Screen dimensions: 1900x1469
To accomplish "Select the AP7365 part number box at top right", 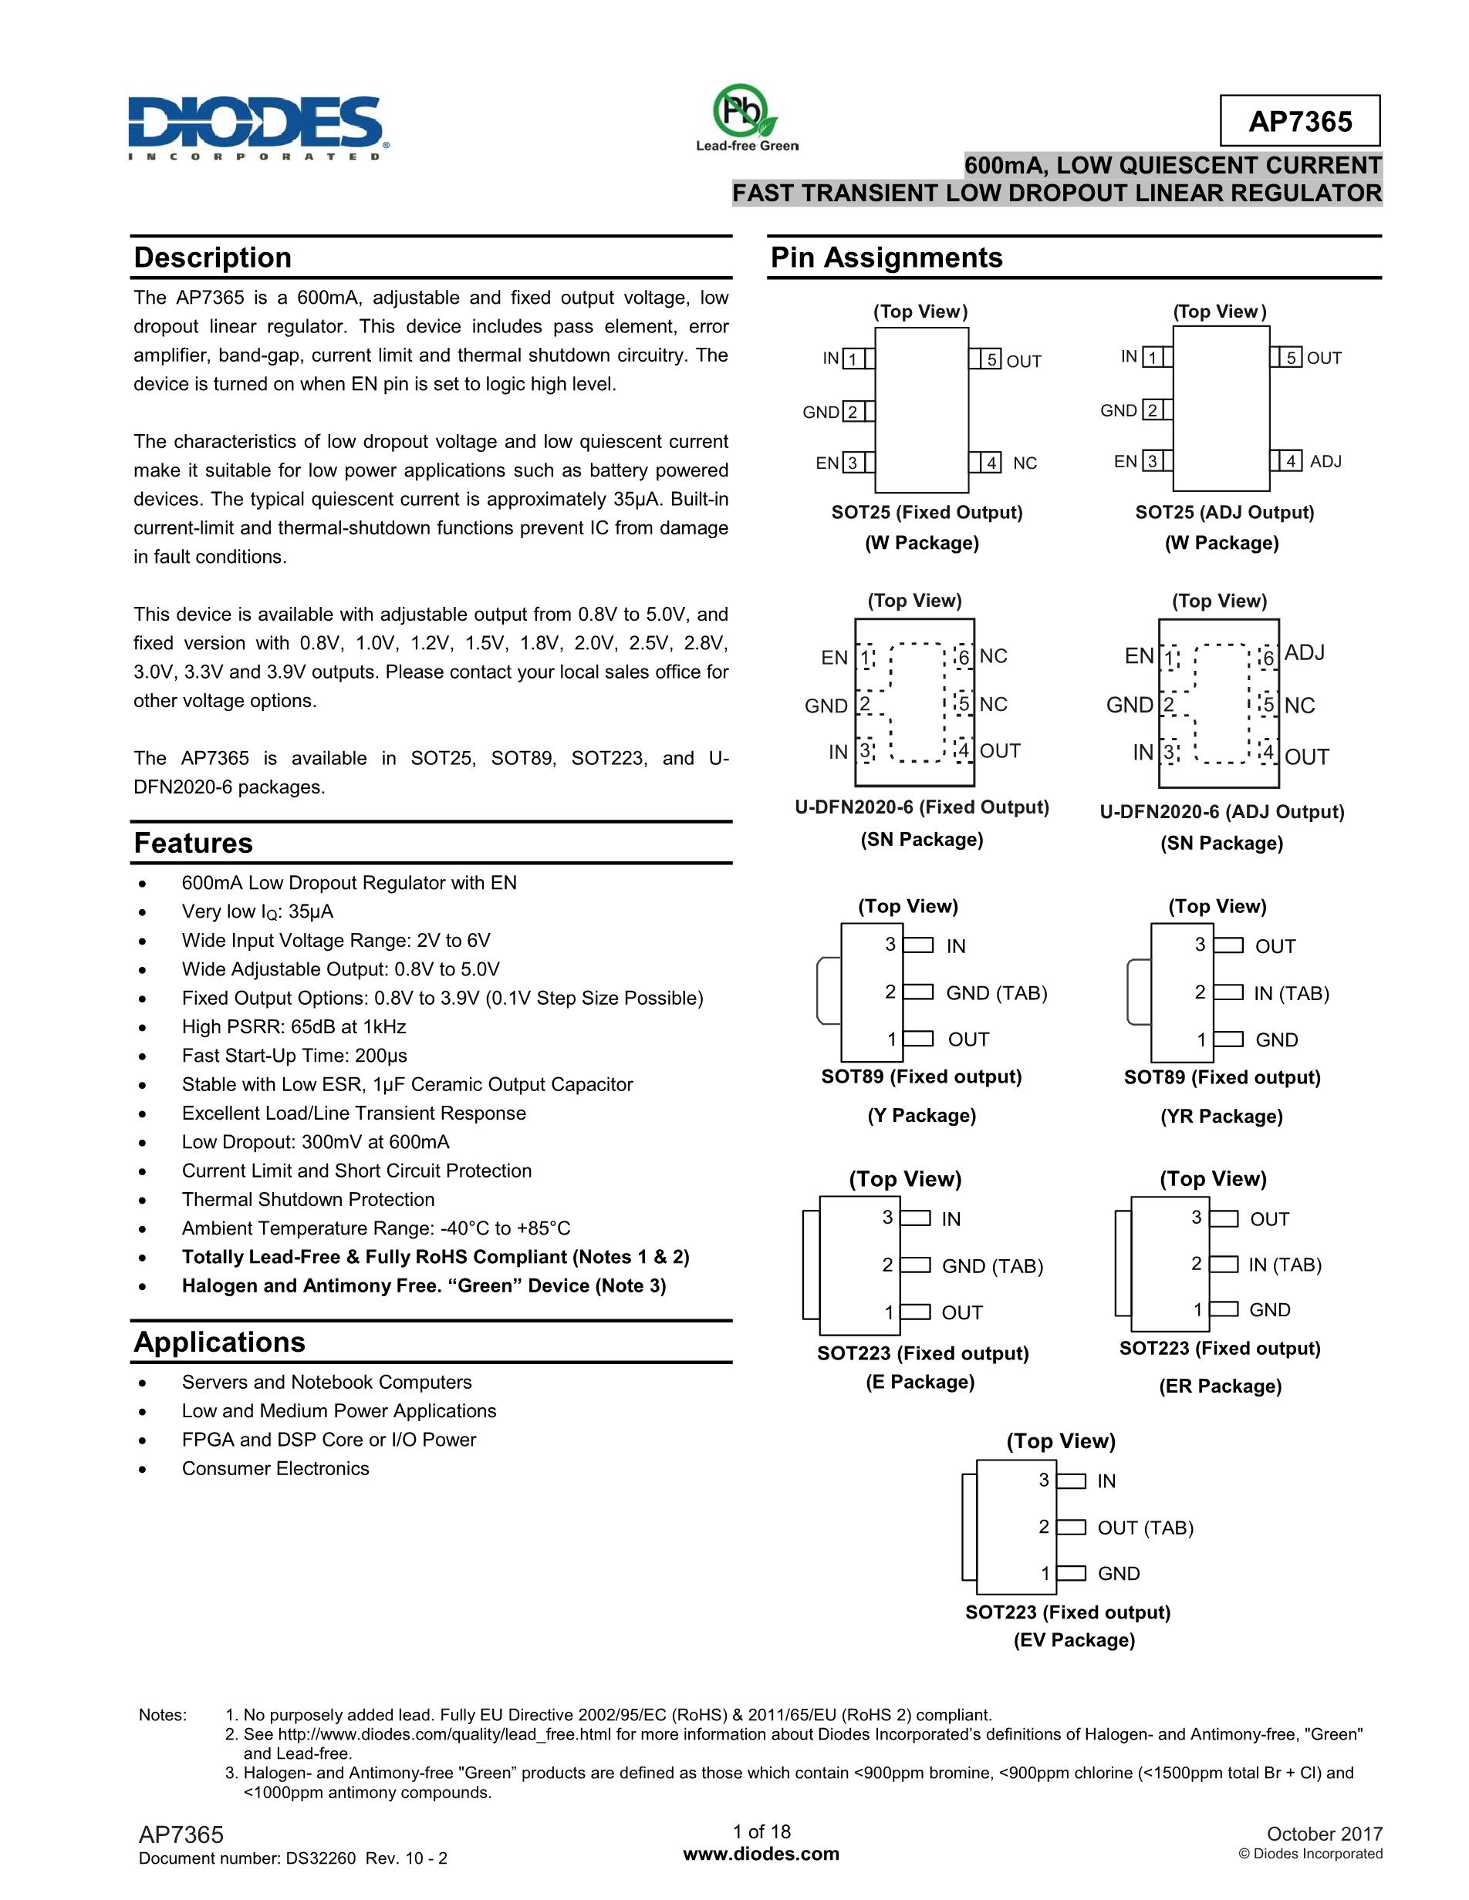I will [x=1299, y=121].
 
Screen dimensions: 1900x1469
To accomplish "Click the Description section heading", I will [x=212, y=258].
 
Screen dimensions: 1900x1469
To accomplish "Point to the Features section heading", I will [x=193, y=843].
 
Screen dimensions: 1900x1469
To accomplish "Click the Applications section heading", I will [x=219, y=1342].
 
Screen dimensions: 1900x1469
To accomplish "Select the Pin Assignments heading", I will [x=886, y=258].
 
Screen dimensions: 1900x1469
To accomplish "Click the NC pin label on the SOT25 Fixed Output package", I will [x=1025, y=463].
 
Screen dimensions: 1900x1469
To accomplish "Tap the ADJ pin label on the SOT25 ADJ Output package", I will [x=1325, y=461].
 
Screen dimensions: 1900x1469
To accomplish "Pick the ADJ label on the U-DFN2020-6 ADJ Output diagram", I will [x=1304, y=652].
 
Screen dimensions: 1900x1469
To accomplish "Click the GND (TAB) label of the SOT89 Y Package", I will [x=997, y=992].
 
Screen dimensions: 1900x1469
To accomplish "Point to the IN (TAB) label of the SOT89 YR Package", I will [x=1292, y=992].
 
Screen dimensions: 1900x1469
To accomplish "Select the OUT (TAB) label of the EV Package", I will [x=1145, y=1527].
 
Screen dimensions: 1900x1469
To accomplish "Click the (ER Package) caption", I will [x=1219, y=1386].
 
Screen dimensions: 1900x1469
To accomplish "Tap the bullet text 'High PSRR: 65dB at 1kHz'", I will [x=293, y=1026].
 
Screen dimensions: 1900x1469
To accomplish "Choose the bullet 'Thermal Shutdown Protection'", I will [x=308, y=1199].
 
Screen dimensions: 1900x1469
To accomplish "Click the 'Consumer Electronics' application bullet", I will [x=275, y=1468].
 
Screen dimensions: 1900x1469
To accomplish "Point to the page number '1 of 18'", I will [x=762, y=1831].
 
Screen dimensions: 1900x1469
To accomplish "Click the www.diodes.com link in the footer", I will [x=762, y=1854].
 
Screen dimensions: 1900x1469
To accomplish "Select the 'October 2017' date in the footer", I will [x=1324, y=1834].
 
